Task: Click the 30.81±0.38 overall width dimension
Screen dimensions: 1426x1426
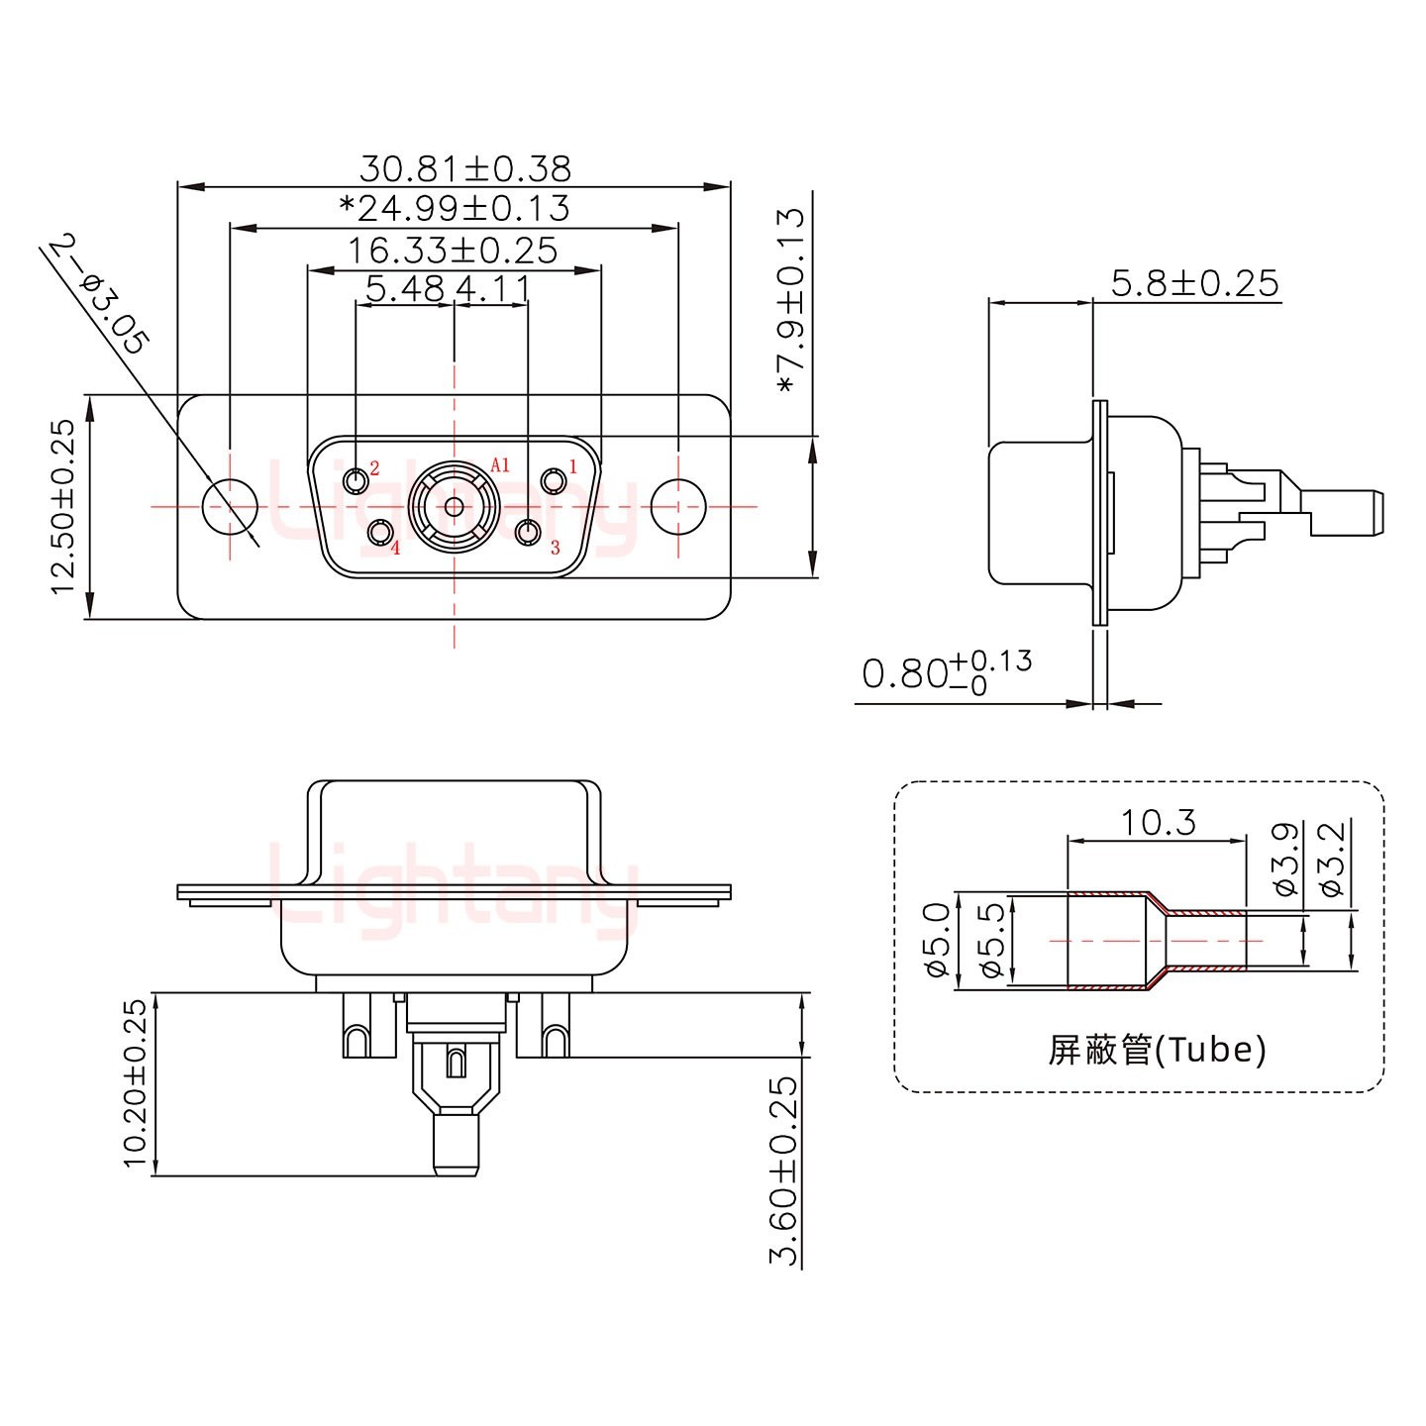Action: click(x=464, y=168)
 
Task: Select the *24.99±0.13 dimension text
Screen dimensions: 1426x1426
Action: click(x=455, y=209)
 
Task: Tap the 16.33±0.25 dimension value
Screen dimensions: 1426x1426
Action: click(x=452, y=251)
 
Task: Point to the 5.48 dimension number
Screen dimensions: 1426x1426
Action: click(x=405, y=289)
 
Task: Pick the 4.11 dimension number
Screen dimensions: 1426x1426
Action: click(x=493, y=289)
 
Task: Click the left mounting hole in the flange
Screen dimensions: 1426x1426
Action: click(x=230, y=506)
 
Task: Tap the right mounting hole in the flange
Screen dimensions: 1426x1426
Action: click(x=678, y=506)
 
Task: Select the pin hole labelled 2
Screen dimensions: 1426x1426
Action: click(x=356, y=481)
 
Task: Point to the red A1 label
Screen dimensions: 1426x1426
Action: click(x=500, y=464)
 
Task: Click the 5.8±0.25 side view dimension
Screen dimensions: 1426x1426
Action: click(x=1194, y=284)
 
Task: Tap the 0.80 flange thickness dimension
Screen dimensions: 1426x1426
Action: click(x=946, y=673)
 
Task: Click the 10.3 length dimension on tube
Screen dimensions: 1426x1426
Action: click(x=1158, y=822)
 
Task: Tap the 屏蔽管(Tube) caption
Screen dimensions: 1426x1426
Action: click(x=1157, y=1049)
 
